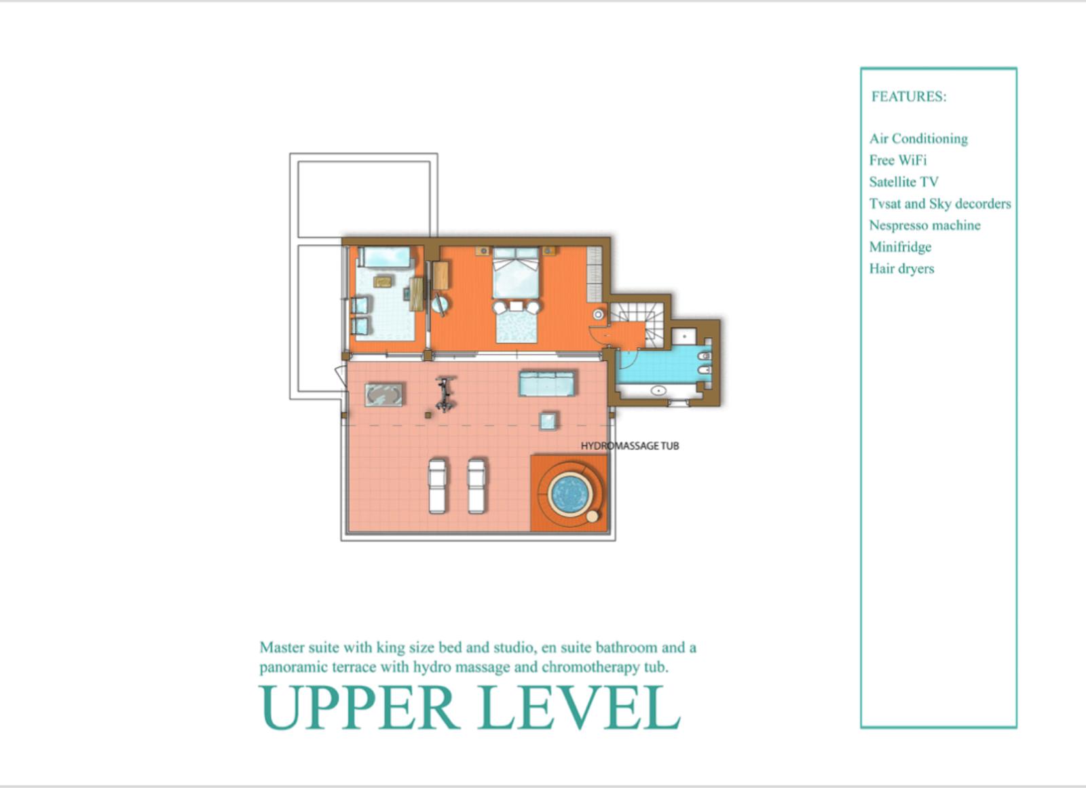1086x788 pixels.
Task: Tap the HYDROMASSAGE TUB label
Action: coord(630,446)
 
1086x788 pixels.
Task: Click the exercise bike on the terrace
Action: coord(445,394)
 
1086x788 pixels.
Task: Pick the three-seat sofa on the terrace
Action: coord(548,383)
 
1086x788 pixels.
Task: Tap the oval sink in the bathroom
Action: coord(658,390)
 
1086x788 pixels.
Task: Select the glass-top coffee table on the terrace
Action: coord(383,395)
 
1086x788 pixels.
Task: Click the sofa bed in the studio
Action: coord(386,257)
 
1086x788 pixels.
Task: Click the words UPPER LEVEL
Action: coord(470,707)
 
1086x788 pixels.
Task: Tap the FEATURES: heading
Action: coord(909,96)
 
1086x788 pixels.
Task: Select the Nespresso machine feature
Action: coord(924,225)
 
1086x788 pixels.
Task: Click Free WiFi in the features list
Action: coord(897,160)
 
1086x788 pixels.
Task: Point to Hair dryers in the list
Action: coord(901,269)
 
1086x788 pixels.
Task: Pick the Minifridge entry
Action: coord(900,247)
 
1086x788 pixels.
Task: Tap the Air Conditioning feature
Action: coord(918,139)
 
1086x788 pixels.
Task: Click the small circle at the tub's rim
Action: coord(592,517)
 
